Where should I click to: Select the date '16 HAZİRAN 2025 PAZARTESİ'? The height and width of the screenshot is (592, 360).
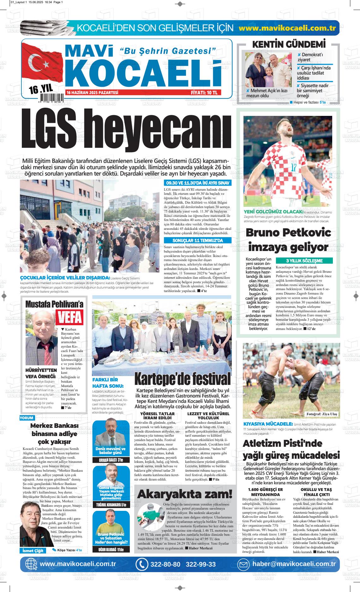click(92, 93)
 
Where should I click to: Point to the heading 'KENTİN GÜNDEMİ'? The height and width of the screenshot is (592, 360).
click(289, 45)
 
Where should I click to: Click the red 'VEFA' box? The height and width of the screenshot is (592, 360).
click(69, 317)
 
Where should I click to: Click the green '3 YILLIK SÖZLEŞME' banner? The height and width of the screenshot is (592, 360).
click(304, 261)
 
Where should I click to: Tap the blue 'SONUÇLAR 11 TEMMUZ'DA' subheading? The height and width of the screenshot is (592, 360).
click(198, 240)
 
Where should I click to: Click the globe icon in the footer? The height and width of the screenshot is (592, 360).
click(31, 564)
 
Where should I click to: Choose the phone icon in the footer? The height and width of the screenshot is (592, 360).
click(142, 564)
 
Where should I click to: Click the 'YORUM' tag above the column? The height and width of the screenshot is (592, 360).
click(27, 418)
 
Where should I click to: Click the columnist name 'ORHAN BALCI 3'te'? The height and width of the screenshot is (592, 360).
click(111, 460)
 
